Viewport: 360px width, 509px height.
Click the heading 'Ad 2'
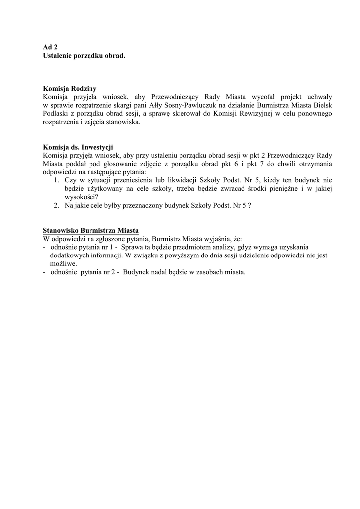[50, 47]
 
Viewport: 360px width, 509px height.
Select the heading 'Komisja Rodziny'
[70, 88]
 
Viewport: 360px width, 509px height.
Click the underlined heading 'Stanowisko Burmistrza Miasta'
[91, 230]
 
